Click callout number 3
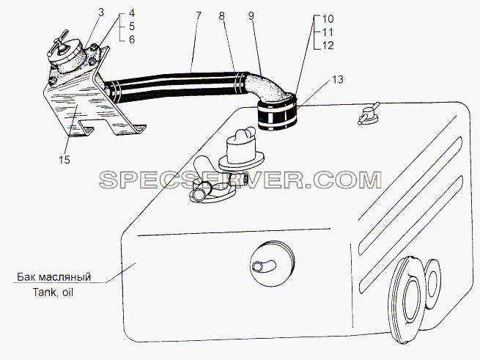tap(100, 12)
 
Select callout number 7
tap(198, 15)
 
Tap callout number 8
tap(222, 15)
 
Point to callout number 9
tap(251, 15)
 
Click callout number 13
tap(337, 79)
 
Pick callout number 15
tap(65, 160)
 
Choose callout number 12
tap(328, 45)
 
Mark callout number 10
tap(328, 18)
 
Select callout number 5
tap(132, 26)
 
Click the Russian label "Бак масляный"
tap(54, 277)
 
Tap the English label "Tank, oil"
tap(53, 293)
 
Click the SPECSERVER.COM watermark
tap(240, 180)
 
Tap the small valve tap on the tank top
tap(369, 114)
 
